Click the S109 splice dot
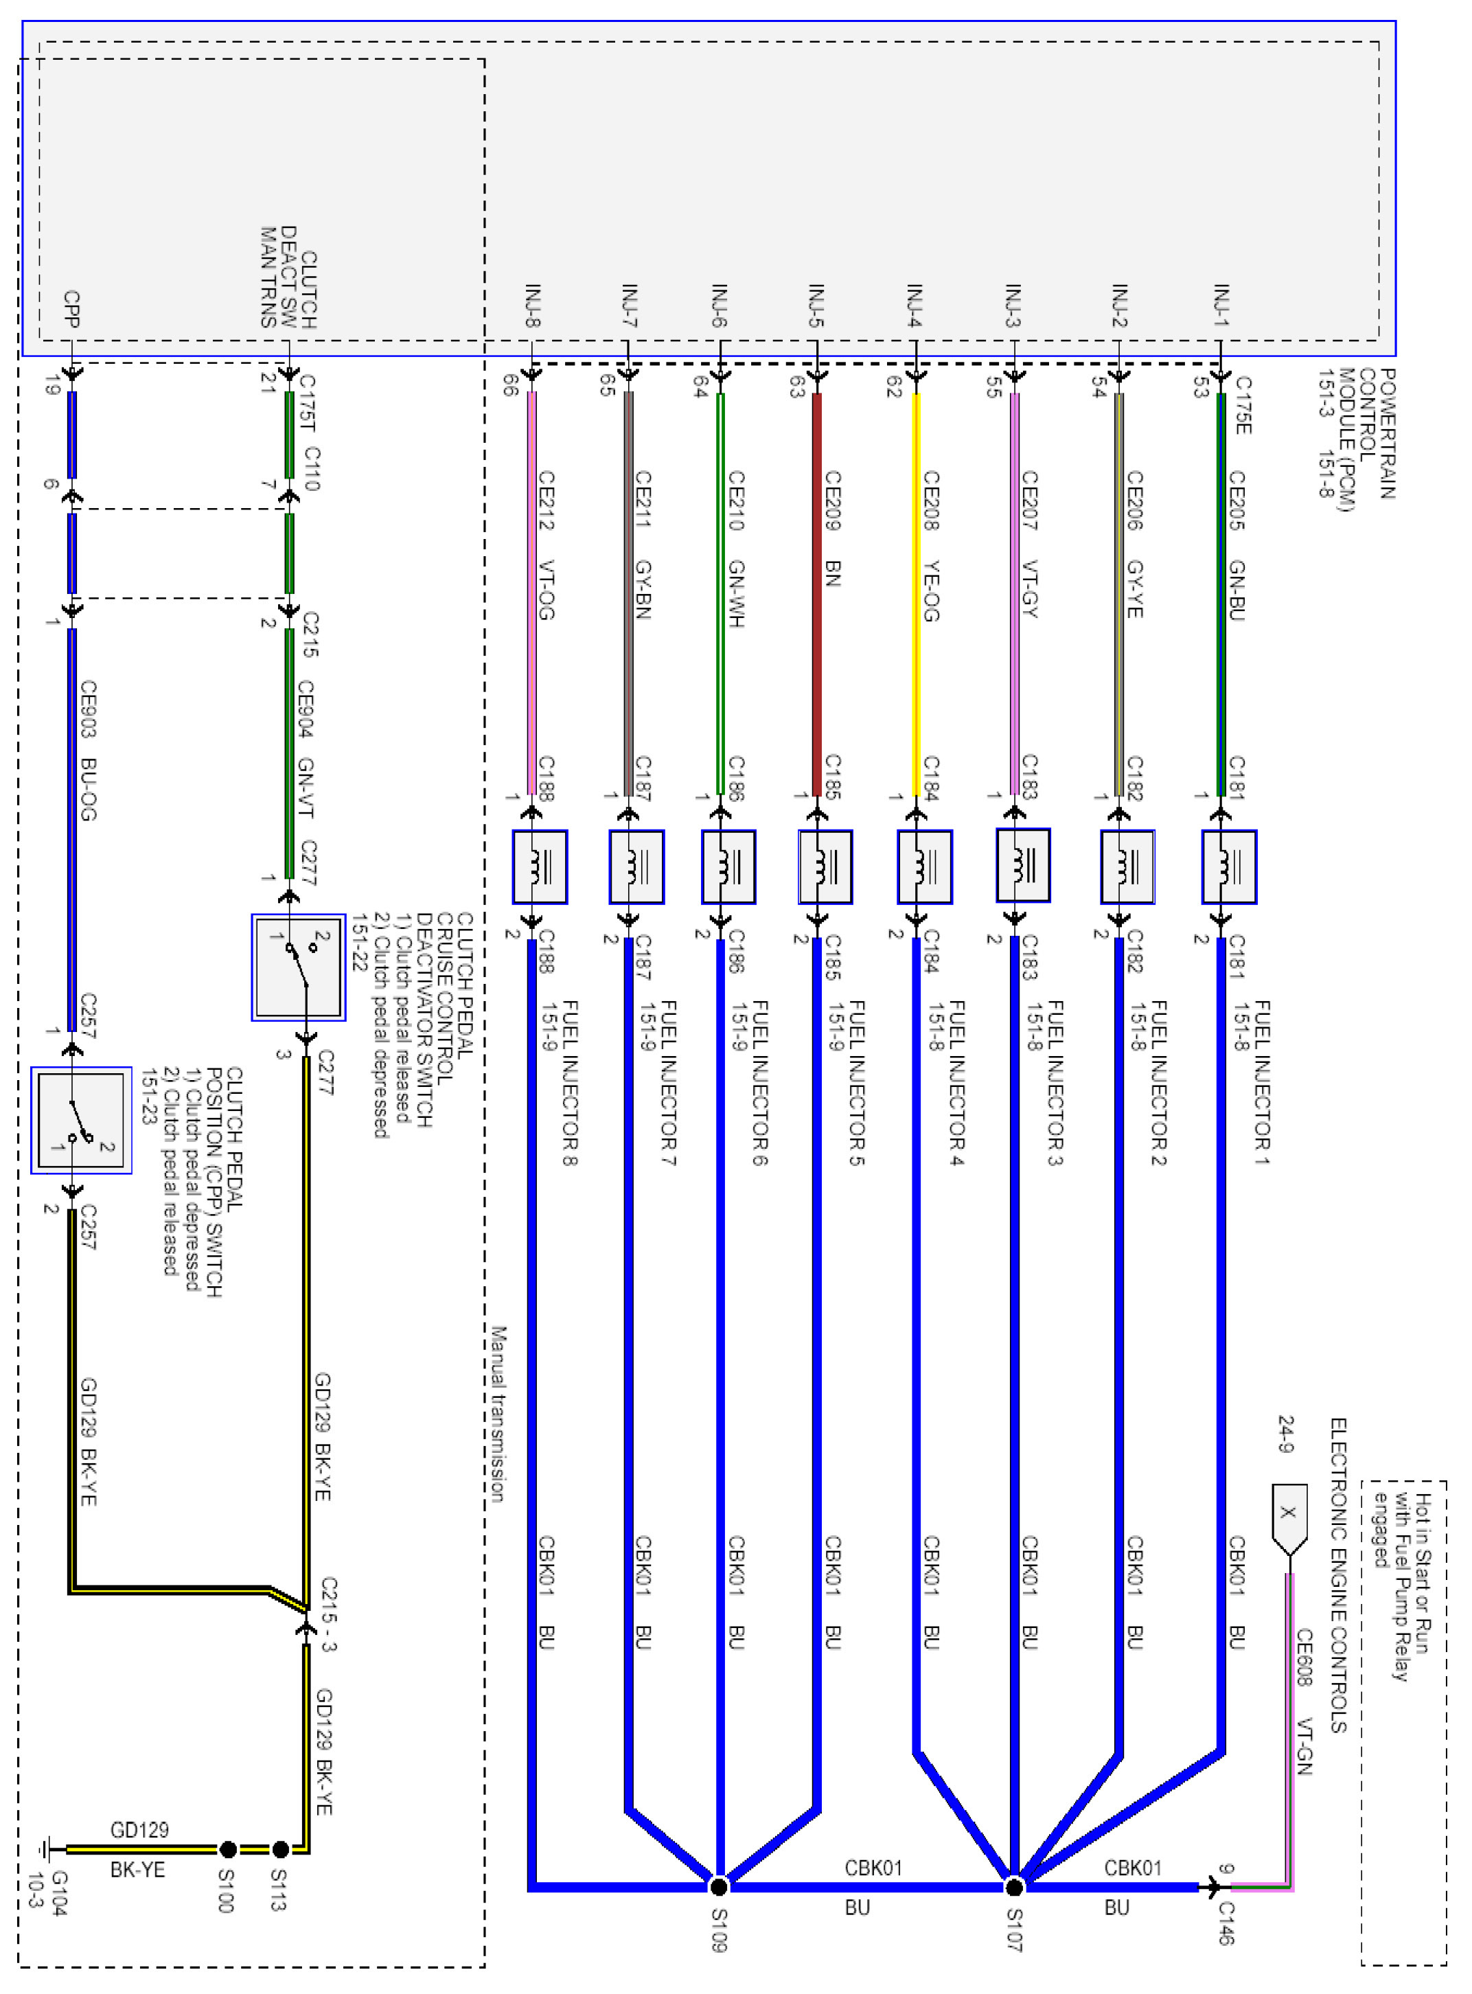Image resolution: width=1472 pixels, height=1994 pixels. pos(718,1886)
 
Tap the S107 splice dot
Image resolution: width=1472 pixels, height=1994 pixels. pos(1013,1886)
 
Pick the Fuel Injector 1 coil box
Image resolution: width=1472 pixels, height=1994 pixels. pos(1229,866)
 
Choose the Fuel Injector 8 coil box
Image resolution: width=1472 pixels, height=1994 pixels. pos(539,866)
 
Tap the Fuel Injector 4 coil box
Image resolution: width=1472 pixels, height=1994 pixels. pos(924,866)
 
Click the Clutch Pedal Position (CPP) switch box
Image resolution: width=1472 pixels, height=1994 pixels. pos(81,1120)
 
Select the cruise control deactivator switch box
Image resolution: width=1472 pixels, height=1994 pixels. pos(299,967)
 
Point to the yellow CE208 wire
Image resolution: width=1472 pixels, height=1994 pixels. pos(916,593)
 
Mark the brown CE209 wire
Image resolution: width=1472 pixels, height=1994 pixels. pos(817,593)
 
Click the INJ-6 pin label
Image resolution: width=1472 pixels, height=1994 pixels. pos(720,306)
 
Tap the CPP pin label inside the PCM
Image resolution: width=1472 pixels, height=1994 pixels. pos(71,308)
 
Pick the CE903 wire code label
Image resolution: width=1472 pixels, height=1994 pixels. pos(88,709)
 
